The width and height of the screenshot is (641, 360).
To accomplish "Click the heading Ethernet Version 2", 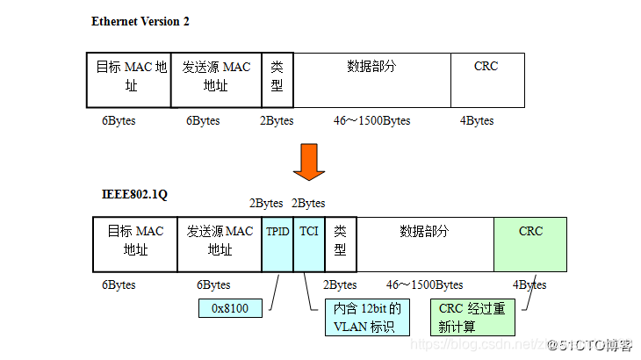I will (140, 21).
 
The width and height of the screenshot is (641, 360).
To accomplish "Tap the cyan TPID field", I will (277, 243).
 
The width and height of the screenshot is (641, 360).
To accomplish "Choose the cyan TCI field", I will (309, 243).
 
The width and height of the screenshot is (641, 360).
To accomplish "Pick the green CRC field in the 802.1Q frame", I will (530, 243).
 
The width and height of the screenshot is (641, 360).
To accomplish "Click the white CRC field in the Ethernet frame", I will (487, 80).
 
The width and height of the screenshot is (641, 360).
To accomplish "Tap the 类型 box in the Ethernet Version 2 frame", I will (277, 80).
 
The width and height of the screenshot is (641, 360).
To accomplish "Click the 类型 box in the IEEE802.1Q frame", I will (341, 243).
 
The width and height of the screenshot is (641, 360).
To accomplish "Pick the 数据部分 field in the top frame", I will (371, 80).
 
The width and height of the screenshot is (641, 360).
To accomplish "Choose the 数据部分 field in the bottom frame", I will (425, 243).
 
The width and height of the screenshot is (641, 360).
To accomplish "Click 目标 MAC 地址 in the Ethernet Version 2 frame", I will (130, 80).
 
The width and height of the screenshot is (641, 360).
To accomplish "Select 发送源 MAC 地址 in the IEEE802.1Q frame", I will (220, 243).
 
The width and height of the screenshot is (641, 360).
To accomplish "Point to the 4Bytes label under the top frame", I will (477, 121).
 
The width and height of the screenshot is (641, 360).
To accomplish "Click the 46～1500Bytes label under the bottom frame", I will (424, 285).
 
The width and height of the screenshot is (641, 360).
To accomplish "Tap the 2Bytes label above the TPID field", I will (266, 204).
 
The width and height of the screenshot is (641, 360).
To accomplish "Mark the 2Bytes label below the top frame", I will (277, 121).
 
